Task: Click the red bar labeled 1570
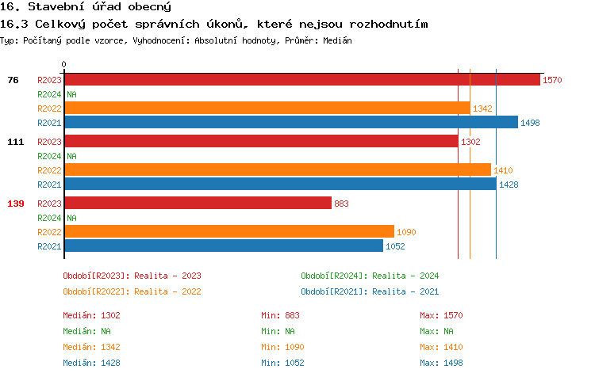pos(301,80)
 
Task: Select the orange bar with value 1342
pos(267,109)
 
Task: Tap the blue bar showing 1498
pos(290,123)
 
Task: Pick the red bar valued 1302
pos(261,142)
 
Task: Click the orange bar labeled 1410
pos(277,170)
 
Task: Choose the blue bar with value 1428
pos(280,185)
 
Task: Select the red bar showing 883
pos(198,204)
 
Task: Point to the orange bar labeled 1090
pos(228,232)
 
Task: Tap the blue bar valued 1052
pos(223,246)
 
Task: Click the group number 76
pos(13,80)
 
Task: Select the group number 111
pos(15,142)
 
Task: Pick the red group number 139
pos(15,204)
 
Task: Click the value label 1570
pos(552,80)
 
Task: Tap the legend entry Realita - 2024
pos(370,276)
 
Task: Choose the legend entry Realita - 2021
pos(370,291)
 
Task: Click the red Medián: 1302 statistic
pos(91,315)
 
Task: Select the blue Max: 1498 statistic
pos(441,363)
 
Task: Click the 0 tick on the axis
pos(64,65)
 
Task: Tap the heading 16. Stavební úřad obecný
pos(87,7)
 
